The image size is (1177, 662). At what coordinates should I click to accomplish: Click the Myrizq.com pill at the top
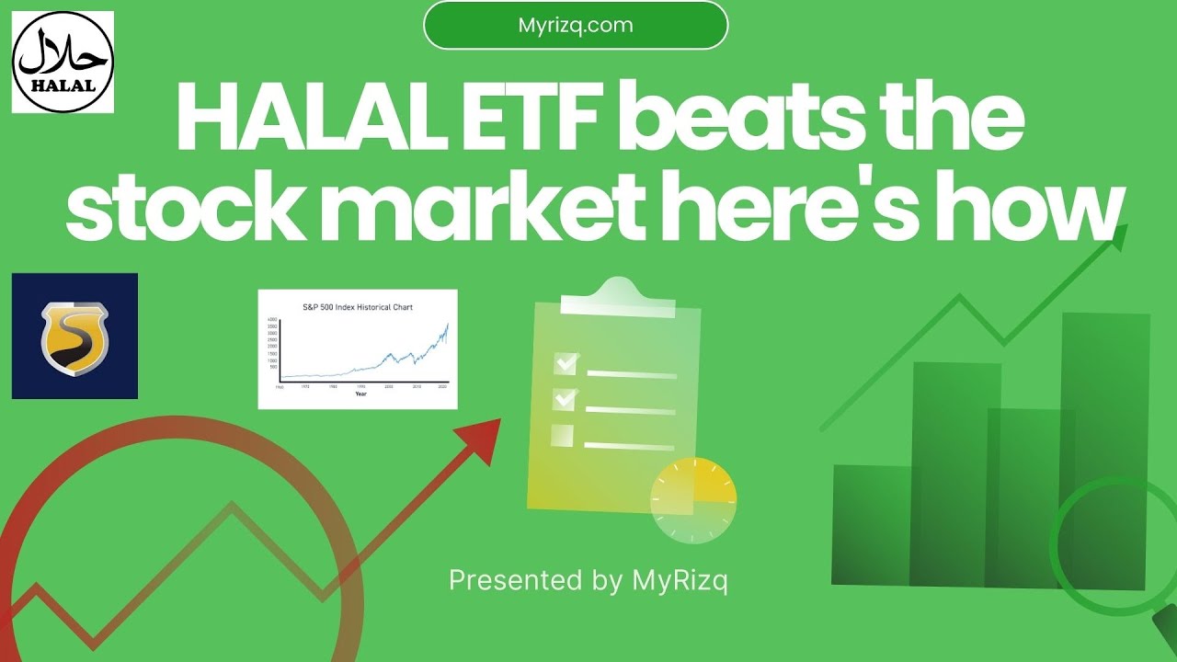pos(576,25)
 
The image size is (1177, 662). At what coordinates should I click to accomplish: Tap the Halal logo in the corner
pos(63,62)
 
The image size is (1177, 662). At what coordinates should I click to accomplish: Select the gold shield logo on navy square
pos(74,336)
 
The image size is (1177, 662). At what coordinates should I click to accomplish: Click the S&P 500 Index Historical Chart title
pos(357,306)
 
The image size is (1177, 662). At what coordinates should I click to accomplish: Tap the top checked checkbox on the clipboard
pos(565,364)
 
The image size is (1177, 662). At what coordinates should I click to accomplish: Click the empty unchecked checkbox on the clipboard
pos(562,435)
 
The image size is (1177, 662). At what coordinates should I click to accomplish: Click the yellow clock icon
pos(693,500)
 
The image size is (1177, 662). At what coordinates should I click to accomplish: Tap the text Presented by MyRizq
pos(588,580)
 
